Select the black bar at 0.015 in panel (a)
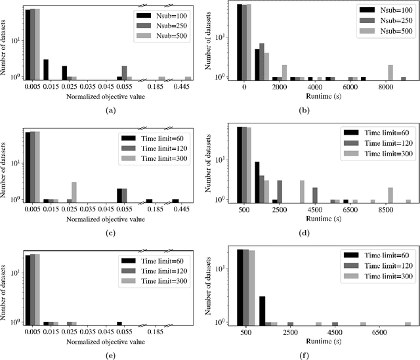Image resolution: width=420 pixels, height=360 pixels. (46, 68)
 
